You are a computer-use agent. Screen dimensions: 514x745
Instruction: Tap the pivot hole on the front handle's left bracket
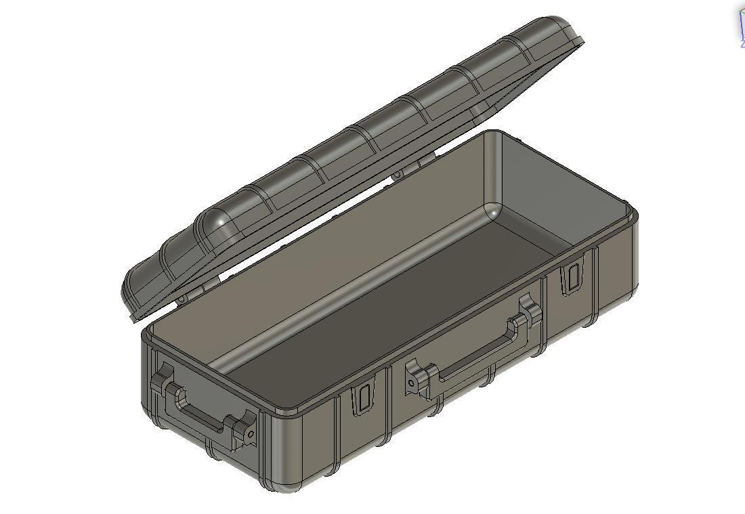(410, 383)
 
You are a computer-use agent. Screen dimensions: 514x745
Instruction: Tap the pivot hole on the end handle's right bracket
(251, 433)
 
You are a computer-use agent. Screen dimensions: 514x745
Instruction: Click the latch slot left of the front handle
(363, 399)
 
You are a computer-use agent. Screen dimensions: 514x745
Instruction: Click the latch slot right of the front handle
(572, 278)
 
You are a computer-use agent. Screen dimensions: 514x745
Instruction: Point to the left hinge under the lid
(182, 298)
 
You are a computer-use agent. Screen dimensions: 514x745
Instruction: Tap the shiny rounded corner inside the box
(495, 212)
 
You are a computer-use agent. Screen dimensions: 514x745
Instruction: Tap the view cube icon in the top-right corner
(740, 27)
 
